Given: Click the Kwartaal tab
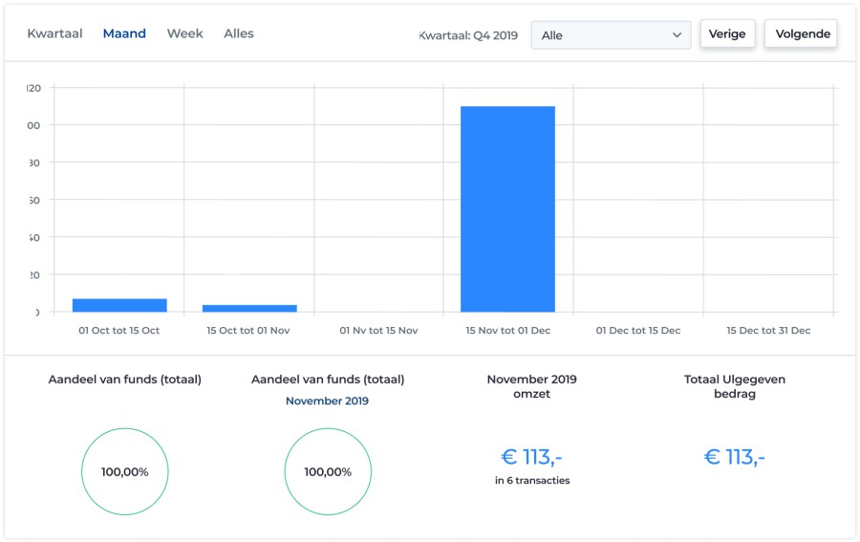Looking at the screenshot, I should [x=54, y=33].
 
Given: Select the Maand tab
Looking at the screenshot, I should [x=124, y=33].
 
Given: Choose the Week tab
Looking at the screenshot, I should [x=184, y=33].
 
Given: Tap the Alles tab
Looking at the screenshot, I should [x=239, y=33].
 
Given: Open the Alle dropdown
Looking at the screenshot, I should [x=611, y=35].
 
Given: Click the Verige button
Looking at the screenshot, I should [x=727, y=34].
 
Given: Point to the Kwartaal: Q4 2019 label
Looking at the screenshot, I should [x=468, y=35].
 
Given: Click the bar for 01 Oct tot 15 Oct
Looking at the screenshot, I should [x=119, y=305].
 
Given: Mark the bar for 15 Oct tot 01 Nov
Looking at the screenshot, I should [x=249, y=308].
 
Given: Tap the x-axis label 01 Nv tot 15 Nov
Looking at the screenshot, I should [x=378, y=331].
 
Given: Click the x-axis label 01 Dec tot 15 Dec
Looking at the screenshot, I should [x=638, y=331].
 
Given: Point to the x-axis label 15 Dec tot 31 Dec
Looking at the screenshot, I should [x=768, y=331].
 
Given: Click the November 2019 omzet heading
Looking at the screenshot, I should [x=531, y=386].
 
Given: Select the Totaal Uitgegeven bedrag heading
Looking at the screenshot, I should [x=734, y=386].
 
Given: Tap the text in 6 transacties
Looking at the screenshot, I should [x=532, y=481].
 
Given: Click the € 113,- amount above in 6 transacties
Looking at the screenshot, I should [x=532, y=457].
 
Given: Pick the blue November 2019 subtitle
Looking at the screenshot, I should [x=327, y=401].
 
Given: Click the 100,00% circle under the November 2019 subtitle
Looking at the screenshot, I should [x=328, y=472].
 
